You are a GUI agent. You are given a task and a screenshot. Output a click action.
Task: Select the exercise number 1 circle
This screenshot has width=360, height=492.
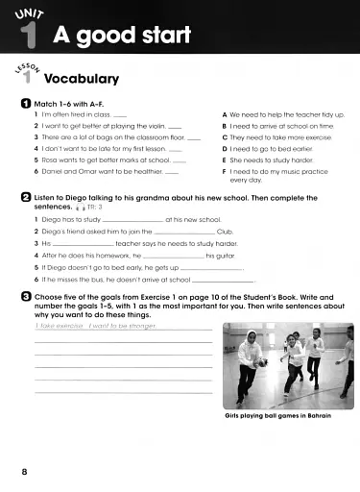10,102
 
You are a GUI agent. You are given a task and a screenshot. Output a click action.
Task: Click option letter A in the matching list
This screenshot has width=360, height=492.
225,114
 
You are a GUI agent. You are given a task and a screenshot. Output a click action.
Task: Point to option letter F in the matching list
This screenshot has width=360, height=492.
225,170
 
